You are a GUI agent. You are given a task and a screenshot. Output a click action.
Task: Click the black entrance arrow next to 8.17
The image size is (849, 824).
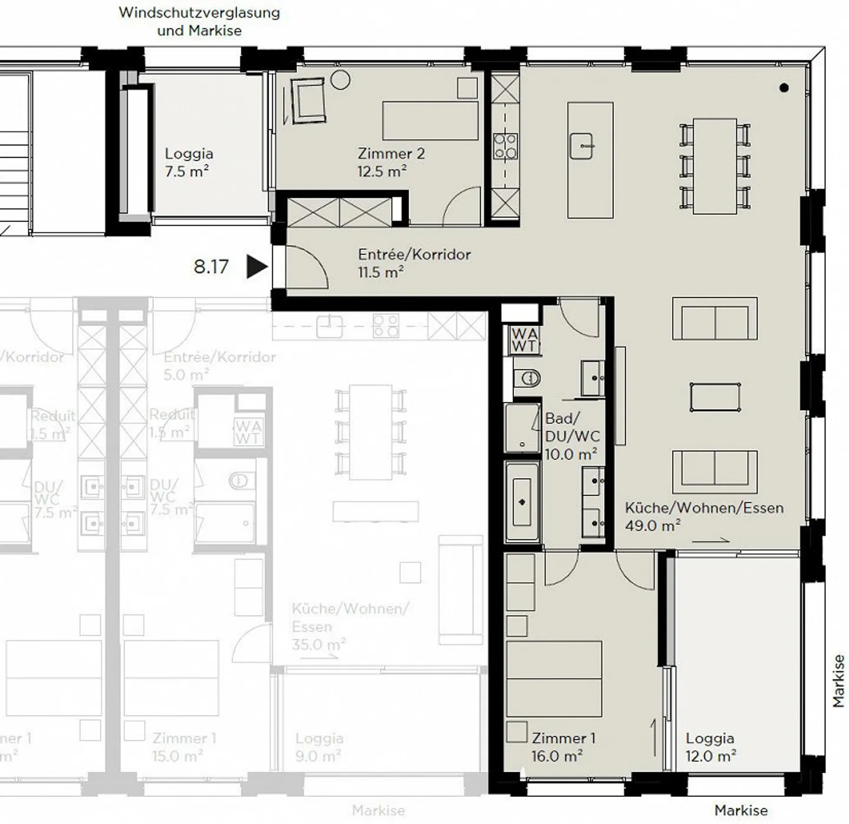[256, 266]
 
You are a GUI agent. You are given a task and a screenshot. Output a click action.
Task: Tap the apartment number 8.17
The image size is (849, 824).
[210, 267]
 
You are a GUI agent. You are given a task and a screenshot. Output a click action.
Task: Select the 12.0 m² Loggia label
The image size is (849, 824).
[710, 747]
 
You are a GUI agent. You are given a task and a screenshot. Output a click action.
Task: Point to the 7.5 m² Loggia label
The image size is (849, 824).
[188, 162]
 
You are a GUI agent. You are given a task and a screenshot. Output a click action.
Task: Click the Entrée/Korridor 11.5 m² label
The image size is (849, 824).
[414, 263]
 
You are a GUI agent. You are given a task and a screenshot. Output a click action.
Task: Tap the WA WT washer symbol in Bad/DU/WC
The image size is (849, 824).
[524, 340]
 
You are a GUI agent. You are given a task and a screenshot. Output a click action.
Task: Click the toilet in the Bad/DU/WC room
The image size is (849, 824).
[528, 378]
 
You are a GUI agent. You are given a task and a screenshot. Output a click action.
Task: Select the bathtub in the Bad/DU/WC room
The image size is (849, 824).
[522, 502]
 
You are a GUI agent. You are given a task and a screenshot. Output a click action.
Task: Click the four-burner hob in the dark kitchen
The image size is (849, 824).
[505, 146]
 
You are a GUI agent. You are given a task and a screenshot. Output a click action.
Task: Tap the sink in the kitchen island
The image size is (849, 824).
[581, 146]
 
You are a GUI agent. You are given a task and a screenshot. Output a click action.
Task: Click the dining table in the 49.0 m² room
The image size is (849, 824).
[715, 166]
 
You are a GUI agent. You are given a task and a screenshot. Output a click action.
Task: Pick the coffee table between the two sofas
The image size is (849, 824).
[715, 397]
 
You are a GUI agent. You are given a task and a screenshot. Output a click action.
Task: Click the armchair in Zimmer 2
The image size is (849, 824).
[307, 101]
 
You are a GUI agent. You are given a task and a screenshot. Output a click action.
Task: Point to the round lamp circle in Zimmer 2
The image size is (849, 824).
[340, 80]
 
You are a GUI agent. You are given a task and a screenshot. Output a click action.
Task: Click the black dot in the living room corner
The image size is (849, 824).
[784, 88]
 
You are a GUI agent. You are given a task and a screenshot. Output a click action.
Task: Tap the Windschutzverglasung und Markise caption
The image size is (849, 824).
[199, 21]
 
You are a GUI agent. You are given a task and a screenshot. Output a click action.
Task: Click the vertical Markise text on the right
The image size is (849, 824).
[838, 681]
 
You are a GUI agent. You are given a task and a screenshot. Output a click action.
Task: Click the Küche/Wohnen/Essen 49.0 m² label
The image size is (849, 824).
[704, 516]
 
